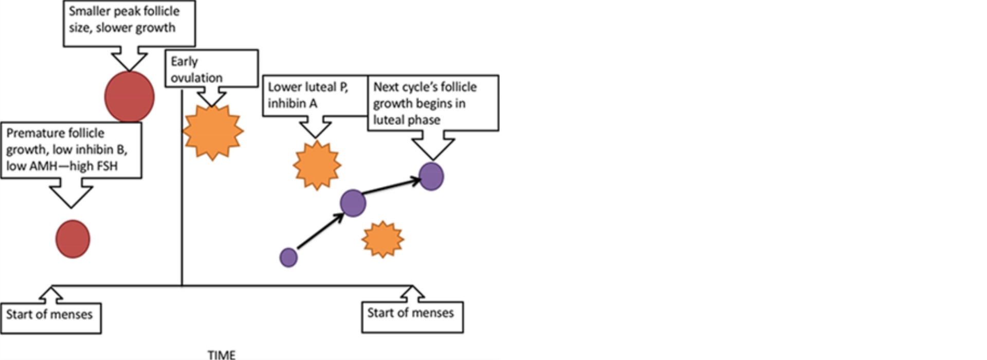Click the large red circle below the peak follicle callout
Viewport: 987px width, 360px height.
click(130, 97)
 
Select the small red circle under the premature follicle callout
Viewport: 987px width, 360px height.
click(73, 239)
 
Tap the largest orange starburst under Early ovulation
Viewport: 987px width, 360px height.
click(213, 132)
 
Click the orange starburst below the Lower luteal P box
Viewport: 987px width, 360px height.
click(317, 165)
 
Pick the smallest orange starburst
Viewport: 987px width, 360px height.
click(383, 239)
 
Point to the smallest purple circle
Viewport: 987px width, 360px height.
click(288, 257)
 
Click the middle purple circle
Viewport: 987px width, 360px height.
click(353, 203)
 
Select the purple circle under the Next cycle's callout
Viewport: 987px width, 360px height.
click(431, 176)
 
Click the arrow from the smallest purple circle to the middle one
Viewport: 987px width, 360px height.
click(321, 231)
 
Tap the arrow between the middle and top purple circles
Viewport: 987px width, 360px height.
click(392, 186)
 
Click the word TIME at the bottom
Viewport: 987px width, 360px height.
click(222, 355)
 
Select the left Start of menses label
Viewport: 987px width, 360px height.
click(49, 314)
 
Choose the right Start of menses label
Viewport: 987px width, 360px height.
click(410, 313)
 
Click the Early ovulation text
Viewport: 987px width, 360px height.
click(196, 69)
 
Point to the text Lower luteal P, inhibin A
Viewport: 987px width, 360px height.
click(308, 95)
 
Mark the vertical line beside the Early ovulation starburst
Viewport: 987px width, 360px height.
click(181, 188)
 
